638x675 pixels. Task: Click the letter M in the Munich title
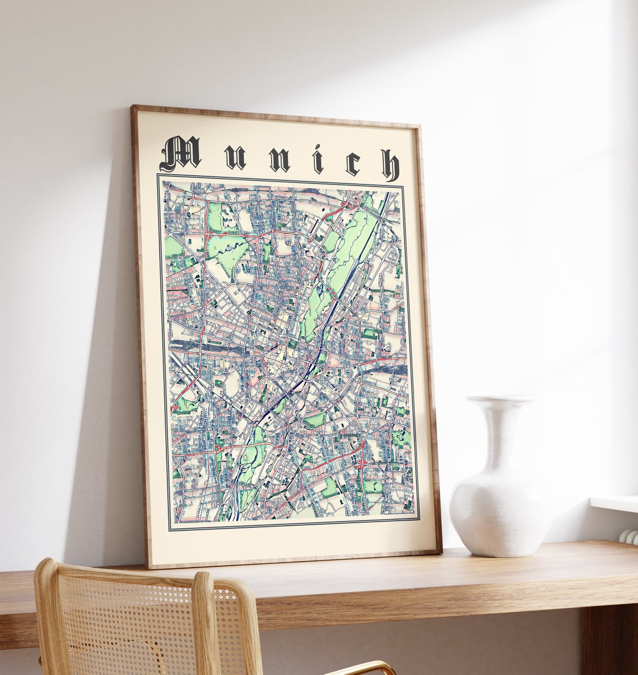tap(180, 153)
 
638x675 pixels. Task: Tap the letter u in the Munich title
tap(235, 158)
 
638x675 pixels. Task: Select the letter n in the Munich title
tap(279, 159)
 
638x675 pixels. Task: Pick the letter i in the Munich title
tap(318, 160)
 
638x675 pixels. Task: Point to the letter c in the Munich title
tap(353, 163)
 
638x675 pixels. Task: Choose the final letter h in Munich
tap(390, 165)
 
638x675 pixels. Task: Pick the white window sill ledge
tap(614, 503)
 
